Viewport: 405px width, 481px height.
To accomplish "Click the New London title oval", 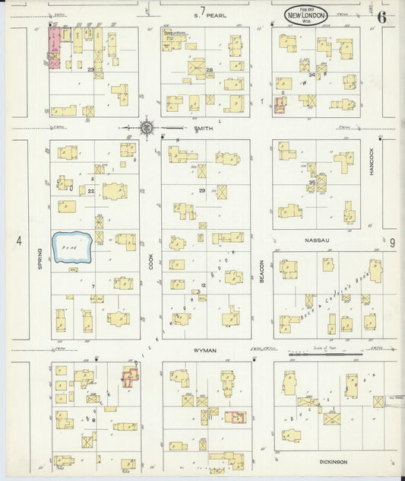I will (307, 14).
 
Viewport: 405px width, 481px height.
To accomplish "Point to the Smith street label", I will (202, 129).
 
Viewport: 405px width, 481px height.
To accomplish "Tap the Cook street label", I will (151, 263).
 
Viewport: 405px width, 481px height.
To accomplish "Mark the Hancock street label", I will (372, 161).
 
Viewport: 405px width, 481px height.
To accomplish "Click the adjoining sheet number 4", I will (17, 241).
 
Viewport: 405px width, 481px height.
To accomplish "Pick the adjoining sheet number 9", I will (393, 243).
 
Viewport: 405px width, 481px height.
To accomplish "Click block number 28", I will (210, 69).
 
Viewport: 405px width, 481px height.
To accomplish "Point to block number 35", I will (312, 183).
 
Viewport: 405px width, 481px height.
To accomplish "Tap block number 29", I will (202, 190).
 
